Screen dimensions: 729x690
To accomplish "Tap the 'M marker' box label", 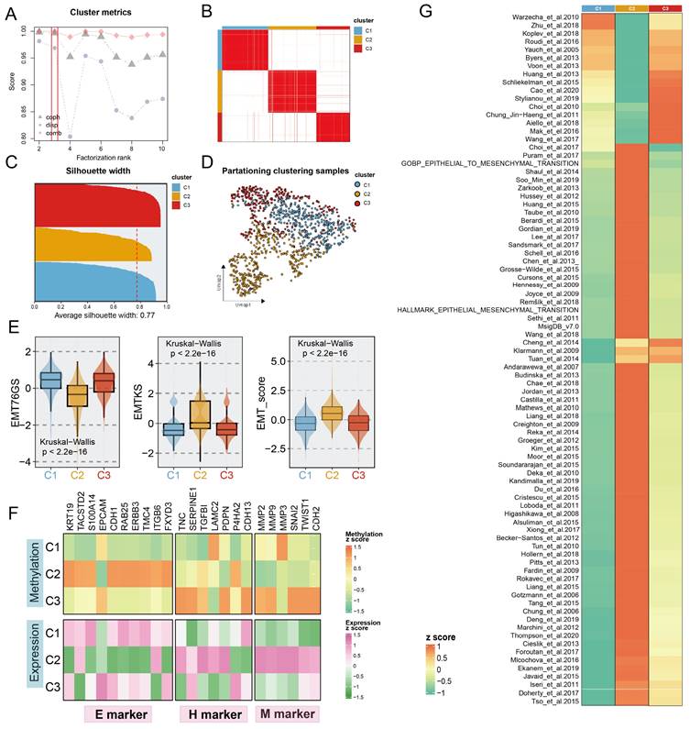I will point(287,712).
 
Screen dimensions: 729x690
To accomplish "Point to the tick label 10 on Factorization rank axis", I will point(161,147).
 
